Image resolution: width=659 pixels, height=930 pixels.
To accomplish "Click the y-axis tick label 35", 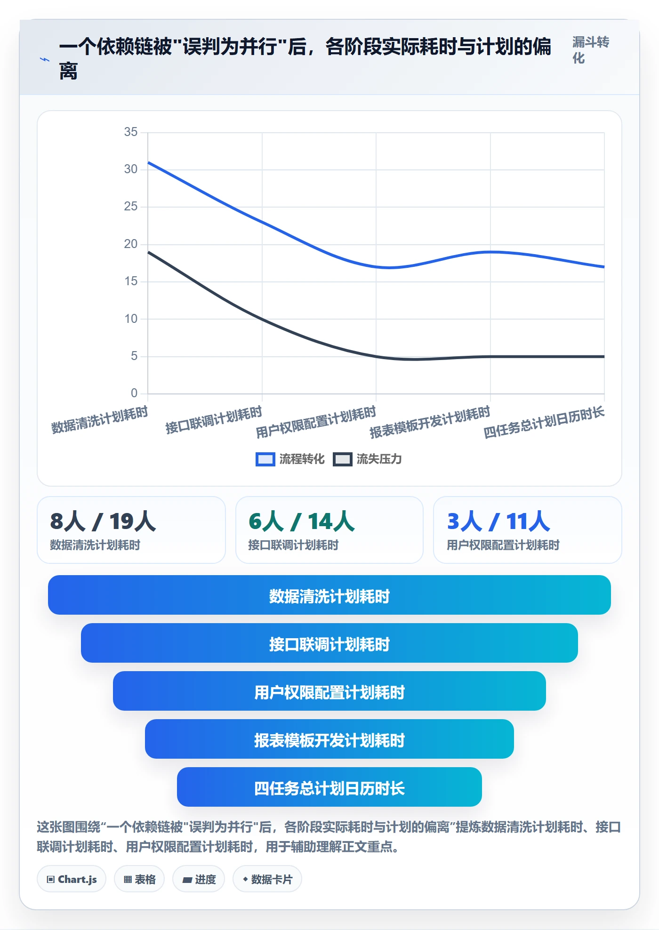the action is [131, 132].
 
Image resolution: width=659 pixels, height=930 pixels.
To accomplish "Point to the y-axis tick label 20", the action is [131, 244].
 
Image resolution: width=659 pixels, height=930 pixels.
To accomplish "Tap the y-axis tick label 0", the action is [134, 393].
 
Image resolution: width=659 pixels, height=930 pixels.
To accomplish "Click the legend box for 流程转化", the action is [265, 459].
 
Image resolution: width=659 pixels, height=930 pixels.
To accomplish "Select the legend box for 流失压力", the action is [342, 459].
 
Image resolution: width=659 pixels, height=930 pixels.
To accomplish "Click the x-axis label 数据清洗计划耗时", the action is [100, 420].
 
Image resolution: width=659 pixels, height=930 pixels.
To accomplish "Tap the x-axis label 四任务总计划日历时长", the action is [544, 423].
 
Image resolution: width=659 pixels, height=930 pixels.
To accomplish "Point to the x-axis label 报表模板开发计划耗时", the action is [430, 423].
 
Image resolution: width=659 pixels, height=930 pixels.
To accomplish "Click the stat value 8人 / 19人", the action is [103, 521].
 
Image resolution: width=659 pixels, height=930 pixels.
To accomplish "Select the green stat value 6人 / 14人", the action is [301, 521].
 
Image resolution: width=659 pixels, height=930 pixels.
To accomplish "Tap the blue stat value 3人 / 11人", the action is [498, 521].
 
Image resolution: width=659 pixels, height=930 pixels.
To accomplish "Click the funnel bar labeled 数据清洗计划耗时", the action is [329, 595].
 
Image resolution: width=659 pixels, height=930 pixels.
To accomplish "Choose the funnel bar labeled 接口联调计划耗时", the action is [329, 643].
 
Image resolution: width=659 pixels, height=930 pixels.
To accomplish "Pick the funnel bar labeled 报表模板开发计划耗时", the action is [329, 739].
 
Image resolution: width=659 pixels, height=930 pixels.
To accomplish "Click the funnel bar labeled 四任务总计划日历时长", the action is [329, 787].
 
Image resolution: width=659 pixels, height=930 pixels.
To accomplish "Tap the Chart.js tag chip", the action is [72, 879].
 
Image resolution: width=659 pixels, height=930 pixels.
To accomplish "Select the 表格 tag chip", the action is [139, 879].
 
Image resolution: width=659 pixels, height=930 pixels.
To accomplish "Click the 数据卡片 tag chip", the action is [267, 879].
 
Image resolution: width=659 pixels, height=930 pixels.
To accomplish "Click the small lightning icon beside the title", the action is [45, 60].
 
